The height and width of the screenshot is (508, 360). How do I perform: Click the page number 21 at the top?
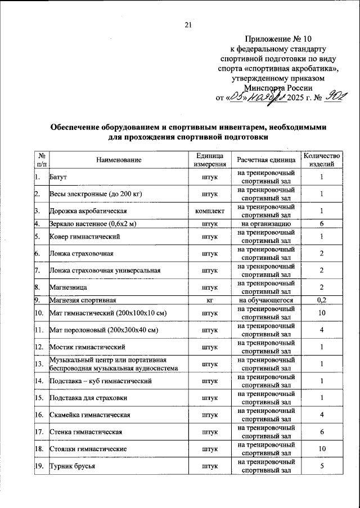click(x=188, y=24)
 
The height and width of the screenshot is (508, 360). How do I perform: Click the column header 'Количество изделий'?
click(x=322, y=160)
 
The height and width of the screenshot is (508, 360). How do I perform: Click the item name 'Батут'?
click(x=58, y=178)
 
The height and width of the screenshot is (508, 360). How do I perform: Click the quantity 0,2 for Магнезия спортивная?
click(x=322, y=299)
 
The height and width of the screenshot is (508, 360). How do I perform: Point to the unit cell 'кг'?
click(x=210, y=299)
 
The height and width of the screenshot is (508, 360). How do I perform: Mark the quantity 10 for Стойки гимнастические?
click(x=322, y=449)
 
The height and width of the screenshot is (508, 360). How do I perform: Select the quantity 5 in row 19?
click(x=322, y=466)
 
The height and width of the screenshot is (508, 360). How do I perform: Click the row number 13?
click(x=39, y=364)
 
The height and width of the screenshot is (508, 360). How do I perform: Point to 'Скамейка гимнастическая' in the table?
click(x=91, y=415)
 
